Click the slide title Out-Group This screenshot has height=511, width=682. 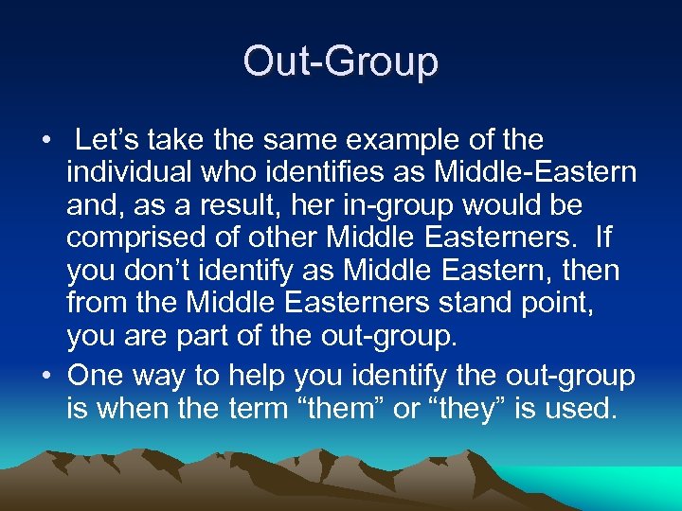click(341, 62)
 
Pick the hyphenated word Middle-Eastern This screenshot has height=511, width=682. click(531, 173)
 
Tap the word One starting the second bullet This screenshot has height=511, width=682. click(96, 376)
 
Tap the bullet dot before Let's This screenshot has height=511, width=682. click(45, 142)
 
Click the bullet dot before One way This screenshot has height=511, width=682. click(45, 377)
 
